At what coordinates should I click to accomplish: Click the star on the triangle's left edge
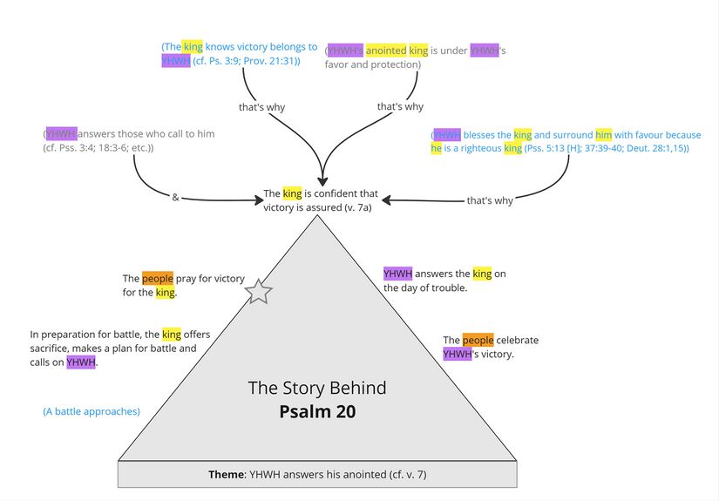[x=259, y=292]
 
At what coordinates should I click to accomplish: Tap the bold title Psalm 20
[x=317, y=411]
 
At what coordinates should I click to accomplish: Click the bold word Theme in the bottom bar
[x=227, y=475]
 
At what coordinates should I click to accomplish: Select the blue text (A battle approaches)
[x=92, y=410]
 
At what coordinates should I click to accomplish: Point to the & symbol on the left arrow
[x=175, y=198]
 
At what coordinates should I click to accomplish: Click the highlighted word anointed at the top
[x=386, y=51]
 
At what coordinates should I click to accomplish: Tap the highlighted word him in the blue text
[x=604, y=135]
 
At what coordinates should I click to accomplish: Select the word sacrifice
[x=52, y=349]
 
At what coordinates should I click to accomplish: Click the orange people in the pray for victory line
[x=158, y=279]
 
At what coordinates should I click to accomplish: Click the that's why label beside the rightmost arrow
[x=490, y=200]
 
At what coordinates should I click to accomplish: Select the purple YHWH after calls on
[x=80, y=362]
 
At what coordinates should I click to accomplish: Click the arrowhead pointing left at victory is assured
[x=386, y=200]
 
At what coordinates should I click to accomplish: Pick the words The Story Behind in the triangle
[x=317, y=388]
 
